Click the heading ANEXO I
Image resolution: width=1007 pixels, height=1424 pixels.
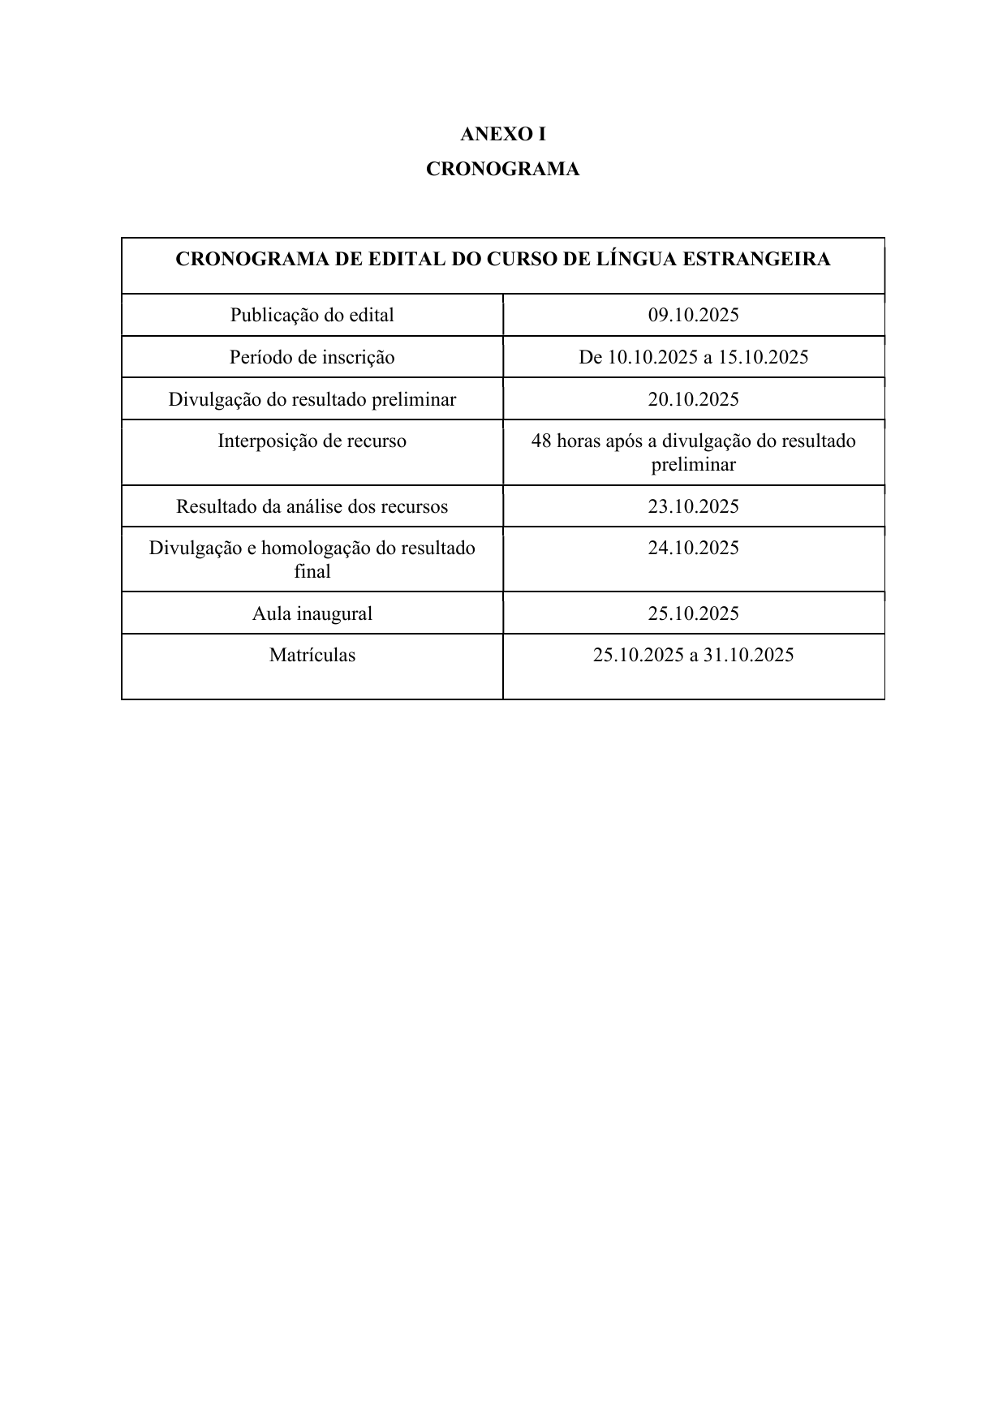coord(502,134)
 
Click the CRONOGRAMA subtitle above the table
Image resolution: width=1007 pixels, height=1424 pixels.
coord(502,170)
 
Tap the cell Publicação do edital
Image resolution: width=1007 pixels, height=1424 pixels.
coord(312,315)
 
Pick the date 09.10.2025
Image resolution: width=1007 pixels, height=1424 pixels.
coord(693,315)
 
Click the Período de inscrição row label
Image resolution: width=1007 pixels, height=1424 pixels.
coord(312,357)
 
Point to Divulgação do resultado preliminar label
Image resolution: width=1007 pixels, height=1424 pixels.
coord(312,399)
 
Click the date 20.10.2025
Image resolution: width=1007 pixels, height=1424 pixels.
coord(693,399)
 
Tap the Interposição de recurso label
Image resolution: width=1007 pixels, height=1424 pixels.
coord(312,441)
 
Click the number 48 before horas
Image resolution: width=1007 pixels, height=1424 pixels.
coord(541,441)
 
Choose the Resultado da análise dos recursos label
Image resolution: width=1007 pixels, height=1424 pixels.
coord(312,506)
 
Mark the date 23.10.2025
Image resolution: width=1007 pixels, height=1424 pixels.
coord(693,506)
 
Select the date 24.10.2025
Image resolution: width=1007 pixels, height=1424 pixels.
coord(693,548)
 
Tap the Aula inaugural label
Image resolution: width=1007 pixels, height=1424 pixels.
coord(312,613)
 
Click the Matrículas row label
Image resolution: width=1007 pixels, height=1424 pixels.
coord(312,655)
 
